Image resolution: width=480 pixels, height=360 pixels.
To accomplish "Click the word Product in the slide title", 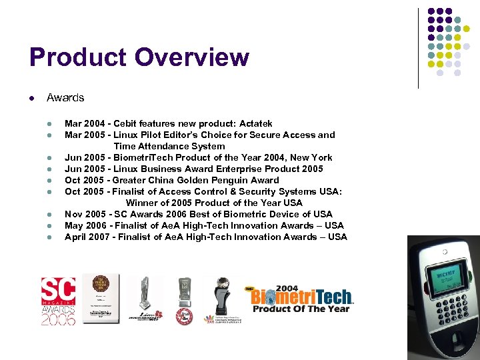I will click(x=78, y=57).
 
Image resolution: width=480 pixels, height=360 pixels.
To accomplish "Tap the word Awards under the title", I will click(x=65, y=97).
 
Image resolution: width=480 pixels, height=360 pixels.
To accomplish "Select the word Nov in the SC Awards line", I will click(x=73, y=214).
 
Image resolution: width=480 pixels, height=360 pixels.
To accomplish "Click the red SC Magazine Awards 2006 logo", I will click(x=58, y=301).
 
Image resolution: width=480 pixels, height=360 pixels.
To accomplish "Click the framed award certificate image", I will click(x=101, y=299).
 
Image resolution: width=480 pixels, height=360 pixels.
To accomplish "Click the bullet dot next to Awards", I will click(x=31, y=98).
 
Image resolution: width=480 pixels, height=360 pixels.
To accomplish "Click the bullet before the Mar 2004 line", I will click(x=49, y=124).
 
